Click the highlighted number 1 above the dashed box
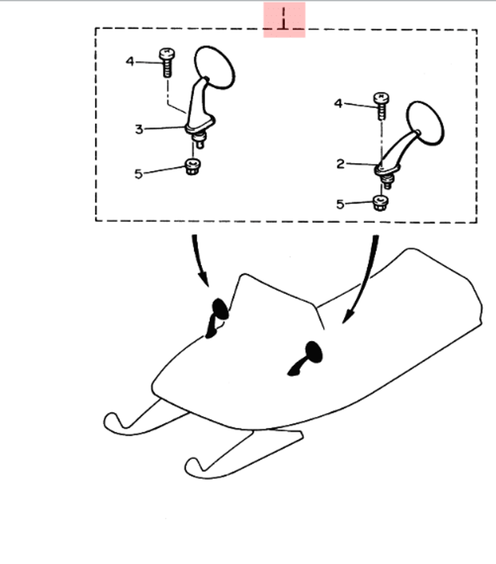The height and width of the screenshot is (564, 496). [284, 19]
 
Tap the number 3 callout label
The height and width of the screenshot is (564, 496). [139, 129]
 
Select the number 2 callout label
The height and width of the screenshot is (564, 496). [340, 164]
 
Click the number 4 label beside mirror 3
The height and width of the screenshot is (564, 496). [129, 62]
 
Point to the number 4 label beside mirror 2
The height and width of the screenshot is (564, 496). [338, 104]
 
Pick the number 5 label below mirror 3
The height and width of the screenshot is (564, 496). [138, 174]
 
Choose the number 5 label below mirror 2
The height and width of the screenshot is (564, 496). [340, 204]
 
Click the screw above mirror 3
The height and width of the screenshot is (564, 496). [167, 62]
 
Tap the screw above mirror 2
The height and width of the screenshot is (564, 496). [381, 106]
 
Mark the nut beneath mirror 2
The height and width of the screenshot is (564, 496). [380, 203]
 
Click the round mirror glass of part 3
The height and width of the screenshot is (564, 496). [214, 67]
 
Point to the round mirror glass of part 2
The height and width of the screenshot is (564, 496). [425, 123]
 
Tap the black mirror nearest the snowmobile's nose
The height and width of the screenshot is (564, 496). [217, 318]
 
